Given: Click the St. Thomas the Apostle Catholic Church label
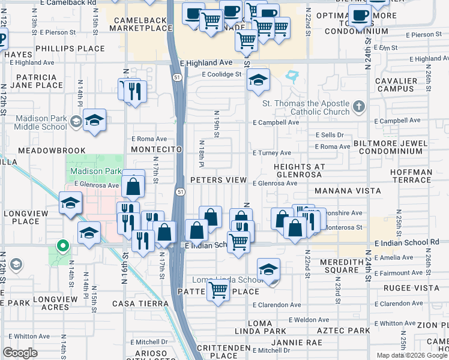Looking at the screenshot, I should [306, 107].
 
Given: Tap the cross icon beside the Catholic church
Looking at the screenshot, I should [359, 107].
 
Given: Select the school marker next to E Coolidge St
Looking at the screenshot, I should [258, 80].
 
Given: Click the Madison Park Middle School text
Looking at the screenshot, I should [41, 122].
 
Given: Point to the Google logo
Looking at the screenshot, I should [20, 352].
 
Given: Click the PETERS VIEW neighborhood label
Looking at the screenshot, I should [218, 180].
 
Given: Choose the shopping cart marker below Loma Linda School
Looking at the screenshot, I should [218, 290].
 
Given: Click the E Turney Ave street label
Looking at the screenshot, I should [272, 153].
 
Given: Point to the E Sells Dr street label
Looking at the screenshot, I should [330, 135].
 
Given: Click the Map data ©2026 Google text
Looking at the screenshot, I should [412, 355].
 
